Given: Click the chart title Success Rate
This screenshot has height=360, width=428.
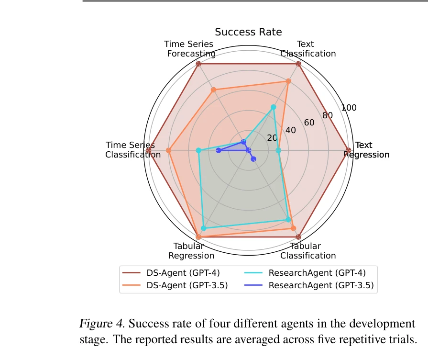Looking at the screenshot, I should click(x=248, y=32).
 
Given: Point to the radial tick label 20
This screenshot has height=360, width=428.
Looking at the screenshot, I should click(x=272, y=138).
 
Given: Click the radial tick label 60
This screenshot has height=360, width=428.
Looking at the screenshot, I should click(x=309, y=123).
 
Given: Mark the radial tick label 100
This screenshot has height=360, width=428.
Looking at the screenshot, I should click(x=349, y=108).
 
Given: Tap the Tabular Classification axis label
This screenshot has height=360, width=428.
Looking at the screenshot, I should click(x=308, y=251).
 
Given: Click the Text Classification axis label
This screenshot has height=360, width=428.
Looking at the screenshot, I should click(x=308, y=49).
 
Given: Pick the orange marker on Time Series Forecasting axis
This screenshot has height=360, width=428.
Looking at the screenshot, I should click(x=214, y=90).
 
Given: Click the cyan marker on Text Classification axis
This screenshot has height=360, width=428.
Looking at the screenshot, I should click(x=274, y=107).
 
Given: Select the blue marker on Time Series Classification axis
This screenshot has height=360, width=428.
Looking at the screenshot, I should click(x=218, y=150).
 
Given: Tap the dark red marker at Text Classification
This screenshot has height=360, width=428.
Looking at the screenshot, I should click(x=298, y=64).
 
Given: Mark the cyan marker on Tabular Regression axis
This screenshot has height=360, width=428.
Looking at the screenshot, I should click(x=203, y=228).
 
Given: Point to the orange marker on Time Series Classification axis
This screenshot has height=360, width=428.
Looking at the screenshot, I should click(x=168, y=150).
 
